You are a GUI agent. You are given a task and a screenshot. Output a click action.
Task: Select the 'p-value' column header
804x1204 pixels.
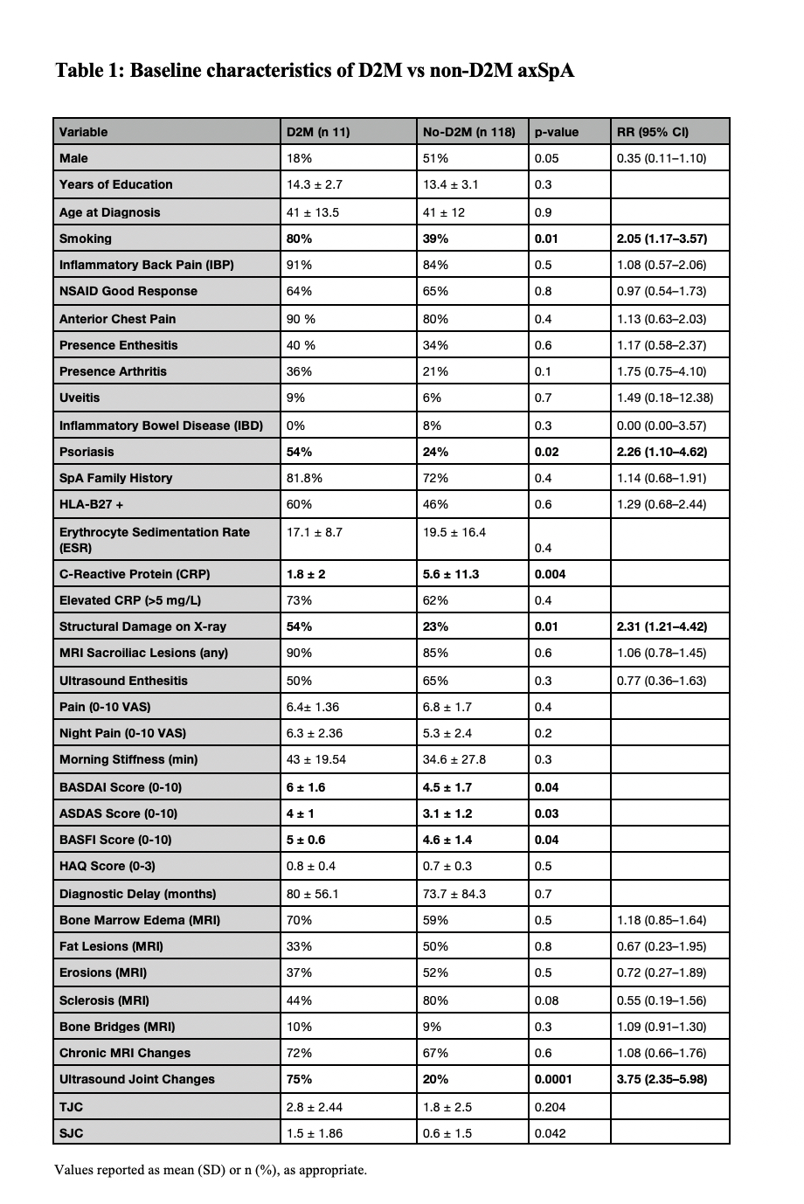(557, 132)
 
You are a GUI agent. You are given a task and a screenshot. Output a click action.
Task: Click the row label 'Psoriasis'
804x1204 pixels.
(87, 452)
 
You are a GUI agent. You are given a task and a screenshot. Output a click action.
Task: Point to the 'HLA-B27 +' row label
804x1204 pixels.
(91, 504)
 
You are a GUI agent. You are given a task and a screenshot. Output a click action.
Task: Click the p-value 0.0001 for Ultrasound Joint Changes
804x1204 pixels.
(553, 1079)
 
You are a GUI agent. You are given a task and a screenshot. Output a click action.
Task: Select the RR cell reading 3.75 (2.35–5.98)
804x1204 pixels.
(662, 1079)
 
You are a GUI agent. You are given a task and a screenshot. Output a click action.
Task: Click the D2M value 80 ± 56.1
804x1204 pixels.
(313, 894)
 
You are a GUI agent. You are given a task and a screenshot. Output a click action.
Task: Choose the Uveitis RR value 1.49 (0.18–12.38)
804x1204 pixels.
(664, 398)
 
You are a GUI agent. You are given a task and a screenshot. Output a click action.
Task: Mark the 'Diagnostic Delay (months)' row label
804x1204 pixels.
(137, 894)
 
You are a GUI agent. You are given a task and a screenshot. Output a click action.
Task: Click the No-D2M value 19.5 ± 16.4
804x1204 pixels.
(454, 532)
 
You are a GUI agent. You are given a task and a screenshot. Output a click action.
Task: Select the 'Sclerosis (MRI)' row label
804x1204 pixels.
(104, 1000)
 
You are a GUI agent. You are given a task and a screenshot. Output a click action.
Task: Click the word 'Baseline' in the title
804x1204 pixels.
(170, 70)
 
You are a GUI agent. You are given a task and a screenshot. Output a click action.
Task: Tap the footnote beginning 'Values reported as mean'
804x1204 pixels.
(211, 1169)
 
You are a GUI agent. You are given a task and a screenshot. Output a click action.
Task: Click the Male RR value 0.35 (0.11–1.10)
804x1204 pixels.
(661, 158)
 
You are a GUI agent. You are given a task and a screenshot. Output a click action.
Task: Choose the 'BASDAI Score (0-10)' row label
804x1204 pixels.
(121, 787)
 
